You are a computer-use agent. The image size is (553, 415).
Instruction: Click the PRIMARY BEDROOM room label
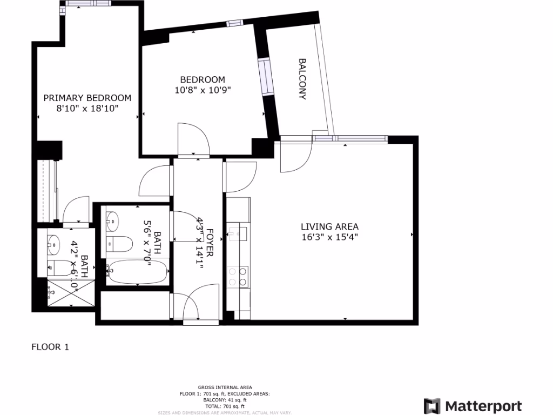[x=87, y=98]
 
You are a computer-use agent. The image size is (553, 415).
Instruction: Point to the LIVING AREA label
[x=329, y=227]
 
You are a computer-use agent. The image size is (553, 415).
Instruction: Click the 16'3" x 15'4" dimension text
[x=329, y=237]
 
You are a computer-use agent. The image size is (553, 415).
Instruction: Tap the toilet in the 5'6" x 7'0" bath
[x=119, y=244]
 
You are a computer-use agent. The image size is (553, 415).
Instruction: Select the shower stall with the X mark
[x=63, y=292]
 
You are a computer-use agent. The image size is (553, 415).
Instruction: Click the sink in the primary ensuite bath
[x=54, y=244]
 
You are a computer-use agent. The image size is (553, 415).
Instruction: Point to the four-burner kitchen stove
[x=238, y=277]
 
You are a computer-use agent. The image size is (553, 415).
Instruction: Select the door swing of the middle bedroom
[x=193, y=139]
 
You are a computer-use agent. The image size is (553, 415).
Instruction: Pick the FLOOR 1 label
[x=50, y=347]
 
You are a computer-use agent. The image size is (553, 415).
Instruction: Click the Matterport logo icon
[x=432, y=406]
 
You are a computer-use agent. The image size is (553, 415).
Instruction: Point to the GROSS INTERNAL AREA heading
[x=225, y=387]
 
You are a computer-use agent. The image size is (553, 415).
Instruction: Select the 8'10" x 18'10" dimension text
[x=87, y=108]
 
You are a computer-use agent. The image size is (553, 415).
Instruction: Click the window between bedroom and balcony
[x=266, y=77]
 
